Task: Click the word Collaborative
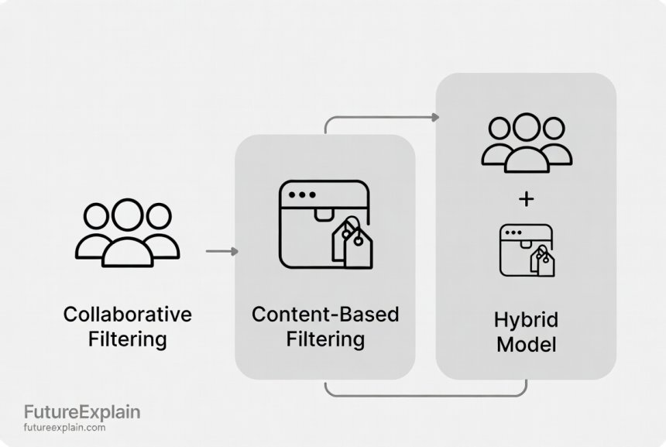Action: click(127, 315)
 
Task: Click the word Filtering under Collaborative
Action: click(127, 339)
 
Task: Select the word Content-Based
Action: click(325, 315)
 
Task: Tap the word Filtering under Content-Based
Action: click(325, 339)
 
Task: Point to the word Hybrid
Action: click(526, 320)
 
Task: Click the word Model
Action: click(526, 345)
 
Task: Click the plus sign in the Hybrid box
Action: click(526, 200)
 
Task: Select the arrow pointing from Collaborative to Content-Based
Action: click(221, 251)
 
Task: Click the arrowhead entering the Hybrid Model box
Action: click(435, 117)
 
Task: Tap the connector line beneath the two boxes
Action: click(426, 395)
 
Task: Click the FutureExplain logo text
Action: click(82, 411)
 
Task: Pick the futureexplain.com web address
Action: click(65, 428)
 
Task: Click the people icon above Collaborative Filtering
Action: click(127, 232)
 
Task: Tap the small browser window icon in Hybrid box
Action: click(526, 249)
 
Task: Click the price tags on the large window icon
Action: click(353, 242)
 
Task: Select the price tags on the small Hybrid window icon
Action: click(543, 261)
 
